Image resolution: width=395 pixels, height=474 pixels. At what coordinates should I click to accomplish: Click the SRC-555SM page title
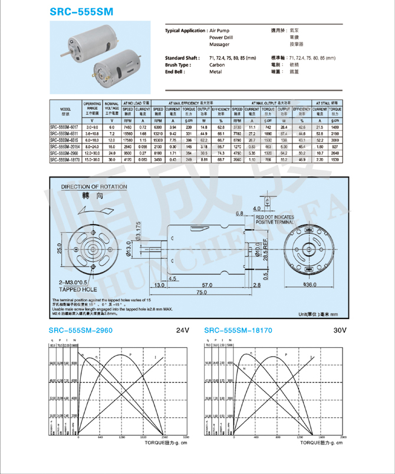pyautogui.click(x=82, y=12)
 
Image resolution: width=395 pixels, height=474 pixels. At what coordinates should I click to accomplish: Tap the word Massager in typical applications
pyautogui.click(x=219, y=45)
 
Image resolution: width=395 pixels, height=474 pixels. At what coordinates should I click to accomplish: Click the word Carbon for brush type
pyautogui.click(x=217, y=65)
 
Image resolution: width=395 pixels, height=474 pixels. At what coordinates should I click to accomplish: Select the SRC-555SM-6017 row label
pyautogui.click(x=65, y=127)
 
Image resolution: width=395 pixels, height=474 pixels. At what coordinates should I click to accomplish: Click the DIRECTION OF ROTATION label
pyautogui.click(x=94, y=187)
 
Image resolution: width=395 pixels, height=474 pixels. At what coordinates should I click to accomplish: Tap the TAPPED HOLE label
pyautogui.click(x=78, y=290)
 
